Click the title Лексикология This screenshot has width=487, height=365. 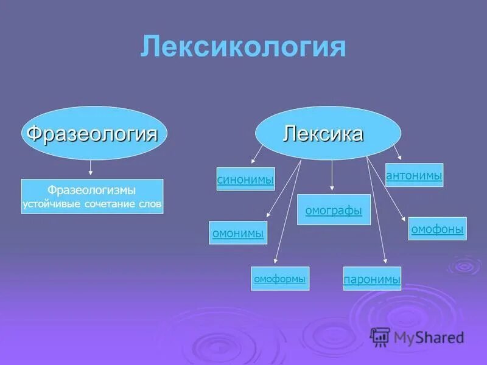tap(243, 47)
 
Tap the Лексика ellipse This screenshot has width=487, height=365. tap(328, 133)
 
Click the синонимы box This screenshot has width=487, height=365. tap(245, 179)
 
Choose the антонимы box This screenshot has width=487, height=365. tap(414, 175)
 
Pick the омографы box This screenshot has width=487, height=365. tap(334, 210)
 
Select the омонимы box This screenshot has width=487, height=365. tap(238, 232)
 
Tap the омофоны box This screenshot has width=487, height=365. tap(437, 229)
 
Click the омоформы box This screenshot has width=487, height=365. tap(280, 279)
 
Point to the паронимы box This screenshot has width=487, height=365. tap(372, 279)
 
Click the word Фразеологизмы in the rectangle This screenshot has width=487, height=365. tap(92, 190)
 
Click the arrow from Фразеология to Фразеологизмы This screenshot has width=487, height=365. tap(91, 169)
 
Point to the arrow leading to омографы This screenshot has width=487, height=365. tap(331, 176)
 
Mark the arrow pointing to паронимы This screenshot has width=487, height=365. tap(377, 213)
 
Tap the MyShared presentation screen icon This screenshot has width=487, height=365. tap(380, 336)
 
